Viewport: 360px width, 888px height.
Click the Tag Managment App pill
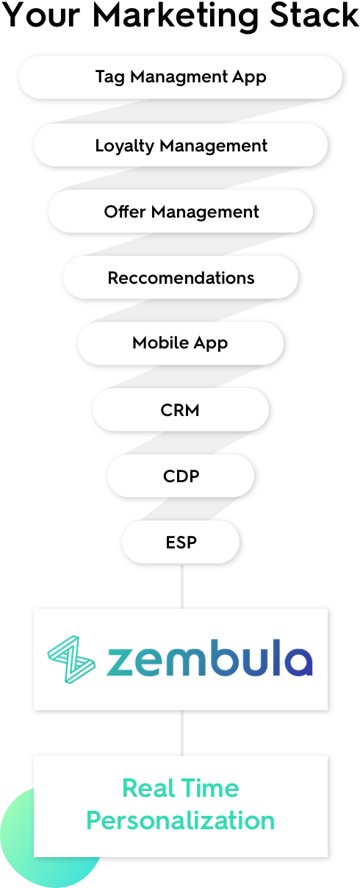point(181,77)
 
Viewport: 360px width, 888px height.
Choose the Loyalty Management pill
point(181,145)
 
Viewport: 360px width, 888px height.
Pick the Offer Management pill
point(181,211)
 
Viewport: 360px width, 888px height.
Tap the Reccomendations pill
point(181,278)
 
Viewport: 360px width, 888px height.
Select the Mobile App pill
point(181,343)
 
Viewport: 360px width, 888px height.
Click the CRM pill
point(181,409)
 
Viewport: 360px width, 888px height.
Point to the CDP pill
point(181,476)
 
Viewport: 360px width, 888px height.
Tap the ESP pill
point(181,542)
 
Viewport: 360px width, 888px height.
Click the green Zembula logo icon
point(71,659)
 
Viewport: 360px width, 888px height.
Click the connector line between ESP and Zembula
point(181,586)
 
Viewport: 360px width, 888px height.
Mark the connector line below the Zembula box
point(181,733)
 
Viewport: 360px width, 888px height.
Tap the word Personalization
point(181,821)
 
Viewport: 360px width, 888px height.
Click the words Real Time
point(181,788)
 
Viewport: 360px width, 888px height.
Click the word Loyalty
point(125,146)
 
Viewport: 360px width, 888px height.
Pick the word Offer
point(125,211)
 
